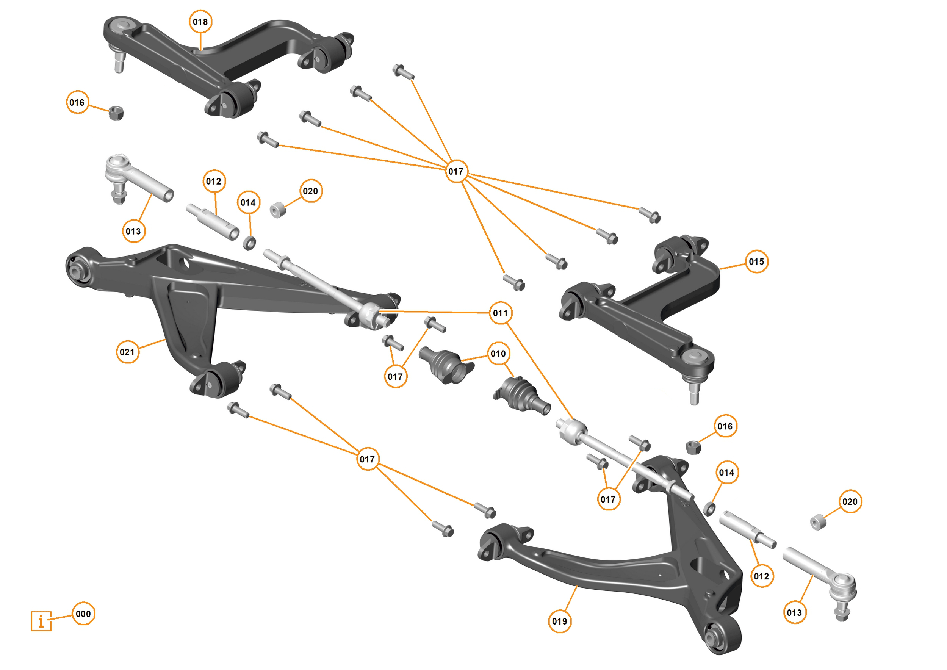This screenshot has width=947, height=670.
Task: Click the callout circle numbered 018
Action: pos(200,22)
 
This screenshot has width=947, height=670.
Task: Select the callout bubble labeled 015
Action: pos(756,261)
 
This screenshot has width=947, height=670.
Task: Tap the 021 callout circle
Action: pos(127,352)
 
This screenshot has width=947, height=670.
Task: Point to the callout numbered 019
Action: pos(559,621)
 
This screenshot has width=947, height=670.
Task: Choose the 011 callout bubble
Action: pos(500,313)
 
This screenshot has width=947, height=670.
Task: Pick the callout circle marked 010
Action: pos(498,354)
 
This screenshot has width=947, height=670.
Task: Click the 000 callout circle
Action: pos(83,614)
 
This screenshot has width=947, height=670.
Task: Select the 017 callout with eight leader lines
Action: pos(456,171)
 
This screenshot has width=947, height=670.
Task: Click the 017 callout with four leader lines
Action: pos(367,459)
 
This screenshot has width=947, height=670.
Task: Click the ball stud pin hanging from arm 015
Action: pos(694,394)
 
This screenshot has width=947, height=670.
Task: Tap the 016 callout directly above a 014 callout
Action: pos(725,426)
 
